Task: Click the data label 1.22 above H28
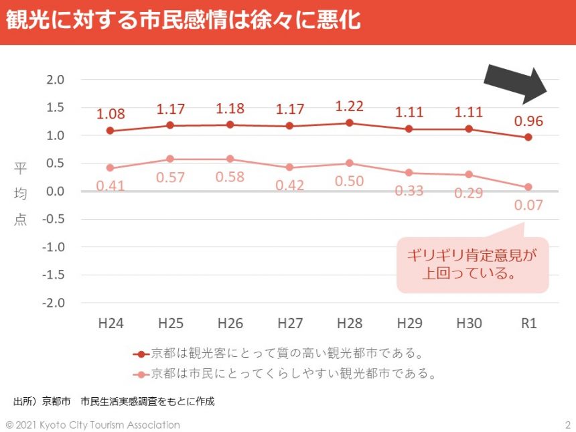pyautogui.click(x=349, y=106)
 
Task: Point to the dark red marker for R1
pyautogui.click(x=528, y=137)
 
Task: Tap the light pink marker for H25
pyautogui.click(x=170, y=159)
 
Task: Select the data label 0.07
pyautogui.click(x=528, y=205)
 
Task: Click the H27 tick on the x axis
pyautogui.click(x=289, y=323)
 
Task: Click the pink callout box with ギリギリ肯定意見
pyautogui.click(x=473, y=264)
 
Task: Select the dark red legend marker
pyautogui.click(x=141, y=353)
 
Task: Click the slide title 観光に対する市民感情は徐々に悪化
pyautogui.click(x=184, y=20)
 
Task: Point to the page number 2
pyautogui.click(x=567, y=425)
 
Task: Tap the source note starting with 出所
pyautogui.click(x=114, y=402)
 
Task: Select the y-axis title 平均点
pyautogui.click(x=20, y=194)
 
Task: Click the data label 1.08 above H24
pyautogui.click(x=111, y=114)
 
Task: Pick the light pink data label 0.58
pyautogui.click(x=230, y=177)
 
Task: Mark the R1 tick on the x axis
pyautogui.click(x=528, y=323)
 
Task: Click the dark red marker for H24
pyautogui.click(x=110, y=131)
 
